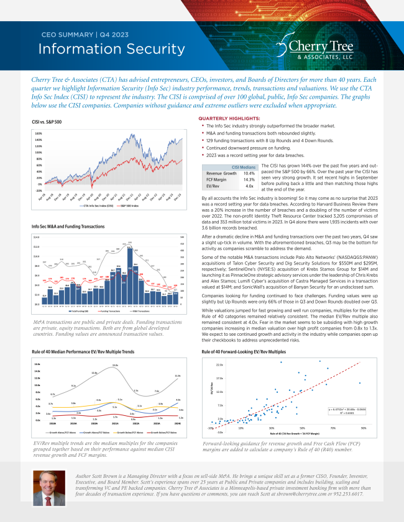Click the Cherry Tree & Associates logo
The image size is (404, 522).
click(316, 48)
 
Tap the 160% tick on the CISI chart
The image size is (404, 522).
click(38, 133)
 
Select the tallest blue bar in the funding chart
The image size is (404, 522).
click(130, 266)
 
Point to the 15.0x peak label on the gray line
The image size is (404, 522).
click(115, 365)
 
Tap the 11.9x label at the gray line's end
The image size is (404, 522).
click(178, 376)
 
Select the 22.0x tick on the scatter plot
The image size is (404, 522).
click(219, 365)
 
